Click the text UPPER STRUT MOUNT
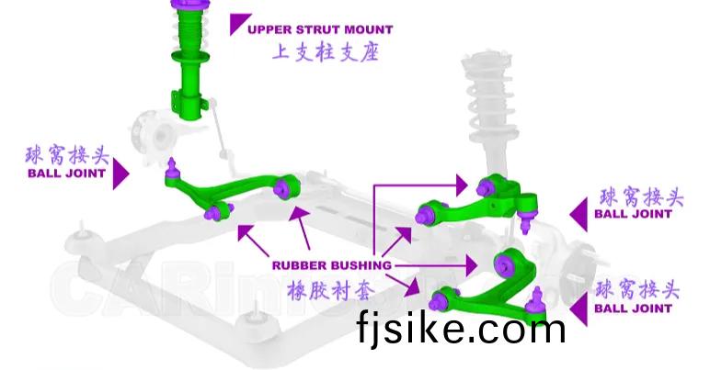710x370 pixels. pyautogui.click(x=320, y=29)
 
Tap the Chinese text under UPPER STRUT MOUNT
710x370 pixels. pyautogui.click(x=325, y=53)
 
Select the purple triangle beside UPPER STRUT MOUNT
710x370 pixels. pyautogui.click(x=239, y=24)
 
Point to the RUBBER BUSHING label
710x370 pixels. pyautogui.click(x=331, y=265)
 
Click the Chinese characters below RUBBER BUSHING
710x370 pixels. pyautogui.click(x=330, y=290)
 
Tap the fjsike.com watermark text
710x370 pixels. pyautogui.click(x=462, y=326)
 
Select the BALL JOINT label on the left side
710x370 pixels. pyautogui.click(x=65, y=172)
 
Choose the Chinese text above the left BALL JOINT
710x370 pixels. pyautogui.click(x=65, y=153)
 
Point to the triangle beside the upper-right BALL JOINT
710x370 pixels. pyautogui.click(x=579, y=214)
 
